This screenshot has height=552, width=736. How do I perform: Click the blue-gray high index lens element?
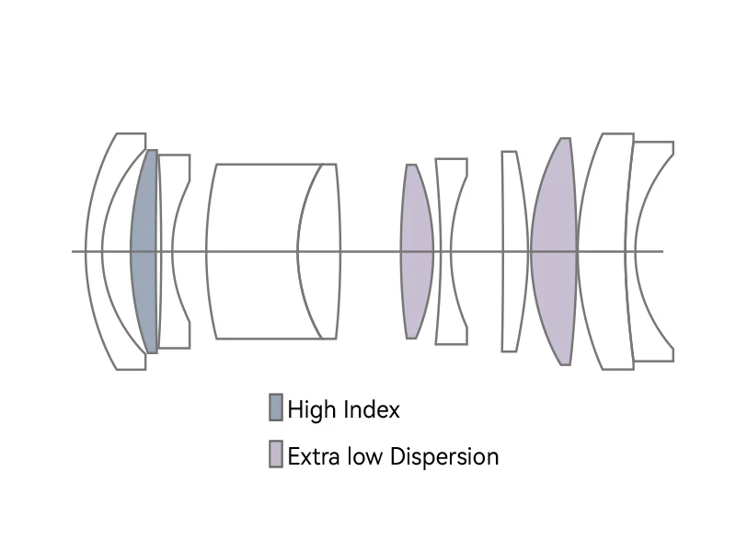[144, 251]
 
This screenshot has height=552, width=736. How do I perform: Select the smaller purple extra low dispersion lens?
[416, 251]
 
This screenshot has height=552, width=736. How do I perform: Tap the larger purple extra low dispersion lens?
[555, 251]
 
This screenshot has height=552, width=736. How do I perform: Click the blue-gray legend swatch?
[275, 408]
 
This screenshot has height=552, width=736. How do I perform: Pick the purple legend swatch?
[275, 454]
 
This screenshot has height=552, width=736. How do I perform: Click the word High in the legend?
[310, 409]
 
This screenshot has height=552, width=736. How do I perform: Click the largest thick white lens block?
[253, 251]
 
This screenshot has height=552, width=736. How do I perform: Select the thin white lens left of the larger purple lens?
[512, 251]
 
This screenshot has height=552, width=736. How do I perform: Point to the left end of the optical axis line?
[74, 251]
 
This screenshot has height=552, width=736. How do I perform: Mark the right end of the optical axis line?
[662, 251]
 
